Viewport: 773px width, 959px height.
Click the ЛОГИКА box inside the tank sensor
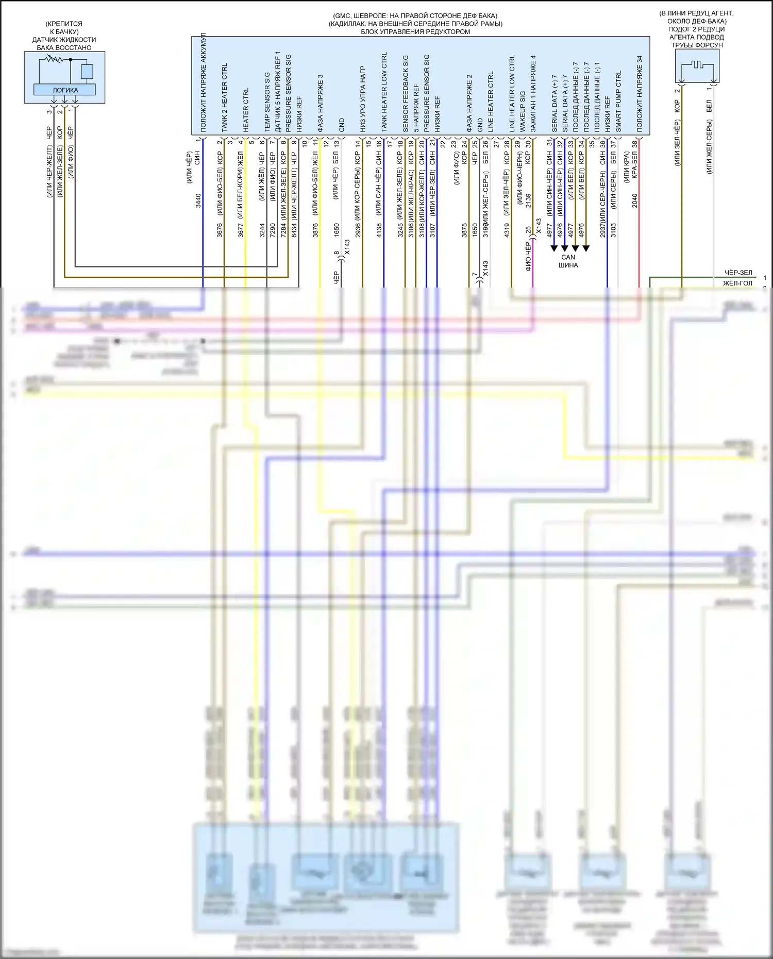[x=65, y=90]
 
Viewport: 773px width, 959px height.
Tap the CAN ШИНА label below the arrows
[x=568, y=261]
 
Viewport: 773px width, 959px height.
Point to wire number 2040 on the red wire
[x=634, y=201]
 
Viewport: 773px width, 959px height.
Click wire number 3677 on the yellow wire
[x=241, y=230]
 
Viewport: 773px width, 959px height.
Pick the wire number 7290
[x=273, y=230]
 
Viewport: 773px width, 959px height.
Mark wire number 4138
[x=379, y=230]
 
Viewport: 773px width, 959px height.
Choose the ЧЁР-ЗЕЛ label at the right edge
[x=738, y=273]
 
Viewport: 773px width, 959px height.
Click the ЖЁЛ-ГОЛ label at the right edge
[x=737, y=283]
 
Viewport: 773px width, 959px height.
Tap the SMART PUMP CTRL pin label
[x=618, y=100]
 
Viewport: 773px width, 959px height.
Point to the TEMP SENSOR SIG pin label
[x=267, y=101]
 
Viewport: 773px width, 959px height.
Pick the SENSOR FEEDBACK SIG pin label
[x=405, y=93]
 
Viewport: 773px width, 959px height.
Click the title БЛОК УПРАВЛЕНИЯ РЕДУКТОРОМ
[x=415, y=32]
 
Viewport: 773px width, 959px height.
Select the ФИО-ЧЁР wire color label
[x=528, y=257]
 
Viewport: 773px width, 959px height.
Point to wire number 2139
[x=528, y=201]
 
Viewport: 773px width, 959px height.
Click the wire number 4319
[x=507, y=230]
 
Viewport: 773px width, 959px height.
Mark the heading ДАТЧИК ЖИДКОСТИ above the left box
[x=64, y=40]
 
